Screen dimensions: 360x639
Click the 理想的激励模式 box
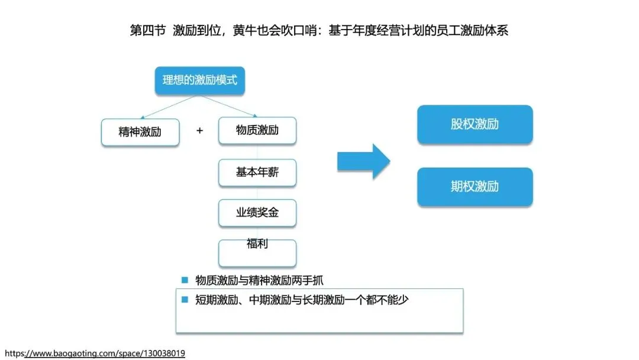pos(199,81)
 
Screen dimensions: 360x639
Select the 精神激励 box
pos(140,132)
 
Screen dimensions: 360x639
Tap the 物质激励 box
pos(257,130)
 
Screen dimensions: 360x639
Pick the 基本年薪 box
pos(257,172)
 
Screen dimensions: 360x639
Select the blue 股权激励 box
pos(475,124)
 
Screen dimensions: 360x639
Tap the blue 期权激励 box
pos(475,187)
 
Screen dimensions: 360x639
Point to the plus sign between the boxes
pos(199,131)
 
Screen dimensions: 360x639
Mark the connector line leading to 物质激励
pos(231,107)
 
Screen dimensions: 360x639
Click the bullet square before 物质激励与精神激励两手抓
pos(185,280)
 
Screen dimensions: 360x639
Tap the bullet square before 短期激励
pos(185,300)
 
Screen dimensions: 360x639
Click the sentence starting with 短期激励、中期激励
pos(302,300)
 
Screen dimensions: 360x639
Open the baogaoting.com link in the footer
pos(95,353)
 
